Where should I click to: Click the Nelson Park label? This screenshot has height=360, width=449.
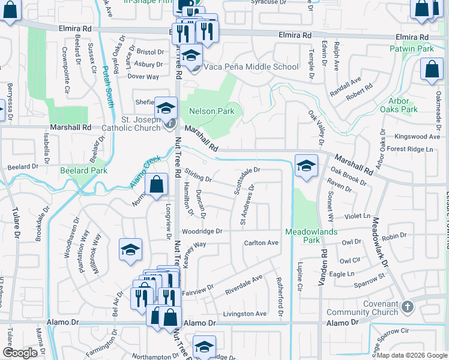(211, 112)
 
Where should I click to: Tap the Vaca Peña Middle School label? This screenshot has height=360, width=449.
(251, 67)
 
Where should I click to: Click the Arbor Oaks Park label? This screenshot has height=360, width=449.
(399, 105)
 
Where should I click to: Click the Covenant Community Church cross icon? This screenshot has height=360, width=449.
(408, 307)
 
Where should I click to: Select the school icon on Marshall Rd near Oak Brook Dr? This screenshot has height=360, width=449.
(306, 166)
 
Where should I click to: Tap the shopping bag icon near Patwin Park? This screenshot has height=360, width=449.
(432, 69)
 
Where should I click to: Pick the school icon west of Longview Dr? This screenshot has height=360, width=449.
(130, 251)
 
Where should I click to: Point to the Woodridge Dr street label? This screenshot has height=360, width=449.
(202, 231)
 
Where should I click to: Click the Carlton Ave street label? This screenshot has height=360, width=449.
(261, 243)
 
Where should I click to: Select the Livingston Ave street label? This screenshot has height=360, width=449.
(244, 314)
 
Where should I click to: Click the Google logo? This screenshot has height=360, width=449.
(20, 353)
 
